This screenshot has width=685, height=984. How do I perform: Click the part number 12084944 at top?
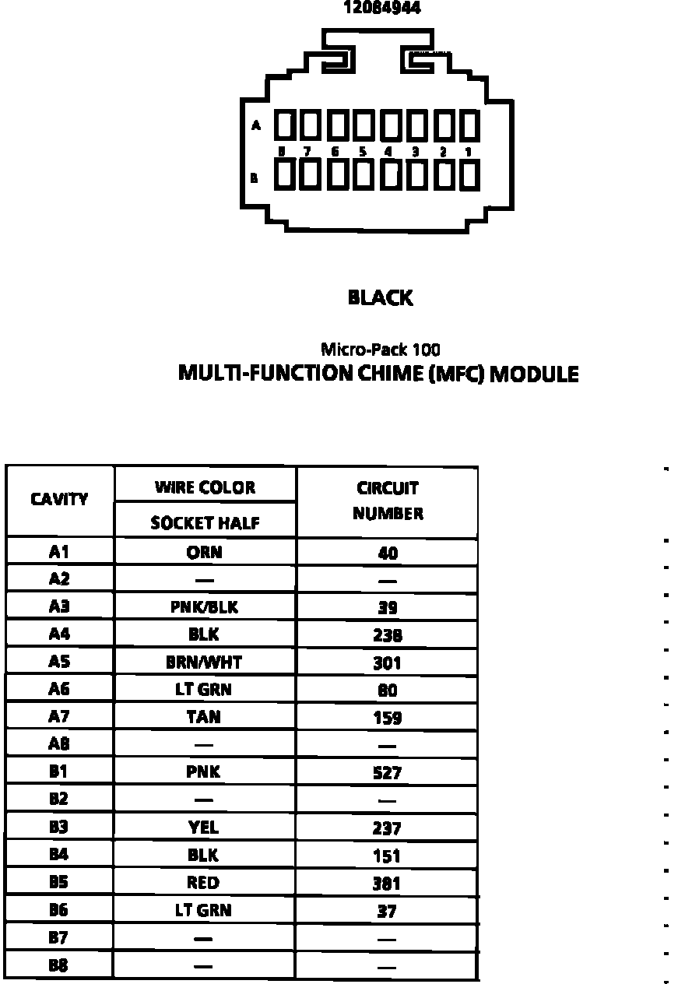click(383, 8)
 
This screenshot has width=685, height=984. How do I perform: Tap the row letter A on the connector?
click(255, 125)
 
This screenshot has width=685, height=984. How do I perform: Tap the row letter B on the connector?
click(255, 177)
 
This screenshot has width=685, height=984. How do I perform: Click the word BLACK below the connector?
click(380, 297)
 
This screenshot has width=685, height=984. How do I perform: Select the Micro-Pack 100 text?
click(380, 350)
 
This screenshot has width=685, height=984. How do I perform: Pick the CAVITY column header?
click(59, 500)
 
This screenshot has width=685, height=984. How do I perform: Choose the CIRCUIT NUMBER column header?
click(388, 501)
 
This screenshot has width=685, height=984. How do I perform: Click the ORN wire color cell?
click(204, 552)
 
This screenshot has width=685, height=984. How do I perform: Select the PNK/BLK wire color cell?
click(204, 607)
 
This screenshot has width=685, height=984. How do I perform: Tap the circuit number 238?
click(388, 635)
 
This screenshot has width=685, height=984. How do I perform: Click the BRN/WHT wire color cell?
click(204, 662)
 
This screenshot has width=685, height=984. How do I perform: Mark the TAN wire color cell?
click(204, 717)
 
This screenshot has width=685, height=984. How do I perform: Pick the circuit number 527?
click(388, 773)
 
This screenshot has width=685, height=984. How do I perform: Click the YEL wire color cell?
click(204, 828)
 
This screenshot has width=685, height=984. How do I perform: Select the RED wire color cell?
click(204, 883)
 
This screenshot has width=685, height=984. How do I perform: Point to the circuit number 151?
click(388, 856)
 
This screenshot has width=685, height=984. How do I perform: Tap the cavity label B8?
click(59, 965)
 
